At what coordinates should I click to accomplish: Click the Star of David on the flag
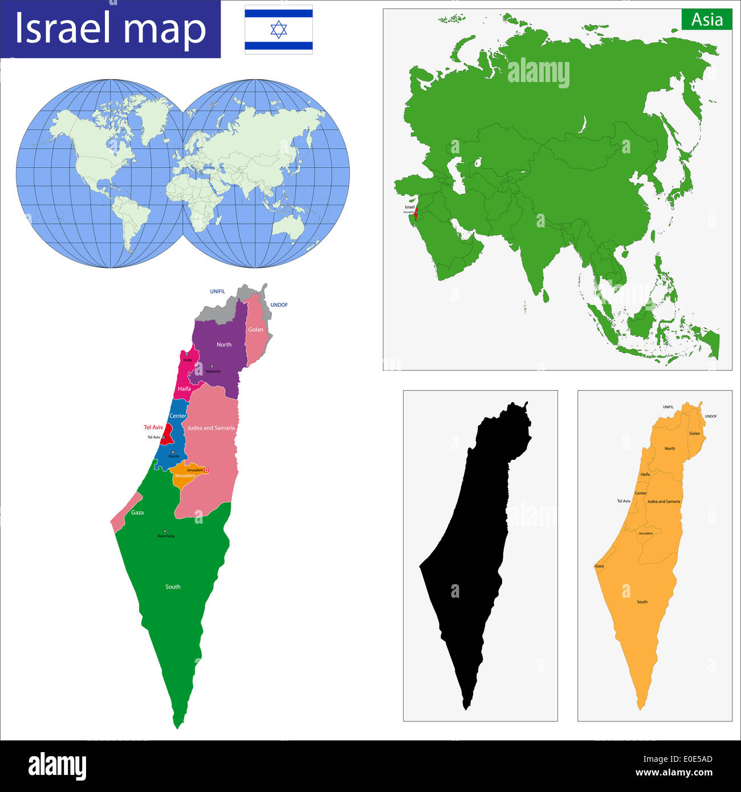279,30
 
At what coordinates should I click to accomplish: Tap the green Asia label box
707,20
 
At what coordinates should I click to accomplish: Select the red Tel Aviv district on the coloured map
166,435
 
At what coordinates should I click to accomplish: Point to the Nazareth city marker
211,366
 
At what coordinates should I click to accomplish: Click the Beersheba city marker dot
165,531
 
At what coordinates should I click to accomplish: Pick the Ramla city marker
173,452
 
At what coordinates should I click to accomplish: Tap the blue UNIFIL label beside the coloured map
217,292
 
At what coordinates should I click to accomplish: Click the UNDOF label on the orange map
711,417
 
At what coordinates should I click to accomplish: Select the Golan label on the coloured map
256,329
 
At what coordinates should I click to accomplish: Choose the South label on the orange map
642,602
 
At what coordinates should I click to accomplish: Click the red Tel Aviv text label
153,427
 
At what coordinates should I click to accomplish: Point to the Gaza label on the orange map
599,566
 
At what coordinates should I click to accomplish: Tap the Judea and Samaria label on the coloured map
211,428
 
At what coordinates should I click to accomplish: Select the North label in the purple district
224,345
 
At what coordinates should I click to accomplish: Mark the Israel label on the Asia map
409,207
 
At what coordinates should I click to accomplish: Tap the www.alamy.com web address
674,773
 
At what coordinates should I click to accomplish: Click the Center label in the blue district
178,416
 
